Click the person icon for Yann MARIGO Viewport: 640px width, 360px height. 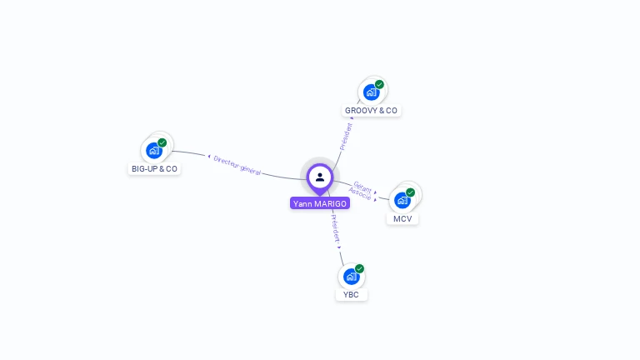point(320,177)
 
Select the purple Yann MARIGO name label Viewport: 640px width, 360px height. point(320,203)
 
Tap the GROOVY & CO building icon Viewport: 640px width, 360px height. point(371,92)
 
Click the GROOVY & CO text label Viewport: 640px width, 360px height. point(371,111)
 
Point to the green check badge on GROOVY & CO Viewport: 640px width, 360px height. point(379,84)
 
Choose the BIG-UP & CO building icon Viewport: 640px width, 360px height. point(153,150)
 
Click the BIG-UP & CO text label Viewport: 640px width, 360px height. point(154,169)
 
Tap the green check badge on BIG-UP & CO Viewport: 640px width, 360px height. point(162,142)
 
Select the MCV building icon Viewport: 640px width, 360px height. point(402,200)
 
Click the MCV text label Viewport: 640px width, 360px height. point(402,219)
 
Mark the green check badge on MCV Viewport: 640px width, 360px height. point(410,192)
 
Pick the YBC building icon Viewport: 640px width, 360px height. point(351,276)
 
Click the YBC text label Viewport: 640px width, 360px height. point(351,295)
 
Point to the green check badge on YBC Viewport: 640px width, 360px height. point(359,268)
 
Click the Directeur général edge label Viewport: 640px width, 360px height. point(237,164)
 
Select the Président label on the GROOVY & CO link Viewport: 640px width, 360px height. point(346,136)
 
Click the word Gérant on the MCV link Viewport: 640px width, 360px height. point(362,187)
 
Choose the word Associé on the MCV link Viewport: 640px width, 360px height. point(360,194)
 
